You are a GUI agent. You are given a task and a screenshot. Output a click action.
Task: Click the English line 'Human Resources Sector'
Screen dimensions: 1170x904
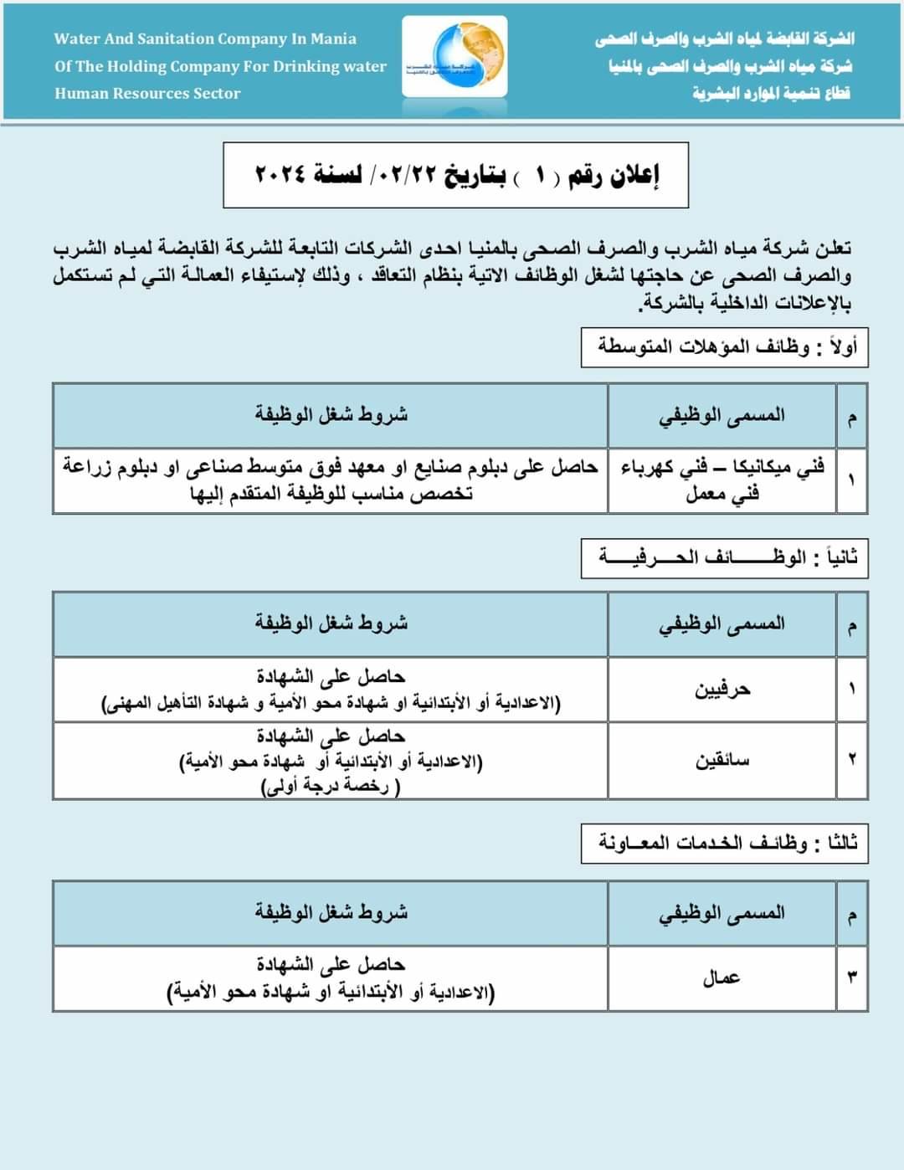(147, 94)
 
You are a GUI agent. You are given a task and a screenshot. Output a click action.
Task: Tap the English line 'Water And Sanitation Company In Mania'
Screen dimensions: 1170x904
(205, 38)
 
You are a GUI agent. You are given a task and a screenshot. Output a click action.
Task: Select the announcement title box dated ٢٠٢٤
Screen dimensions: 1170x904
(455, 175)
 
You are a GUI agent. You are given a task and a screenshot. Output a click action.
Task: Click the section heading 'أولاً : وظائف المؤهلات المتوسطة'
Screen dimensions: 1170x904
(725, 347)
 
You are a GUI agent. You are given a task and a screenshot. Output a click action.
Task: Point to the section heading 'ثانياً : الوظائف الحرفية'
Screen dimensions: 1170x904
(725, 557)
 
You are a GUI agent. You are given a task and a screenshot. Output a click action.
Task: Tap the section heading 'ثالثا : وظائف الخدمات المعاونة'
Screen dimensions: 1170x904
(725, 843)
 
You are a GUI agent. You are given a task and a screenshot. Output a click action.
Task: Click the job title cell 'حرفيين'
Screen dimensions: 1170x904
(722, 690)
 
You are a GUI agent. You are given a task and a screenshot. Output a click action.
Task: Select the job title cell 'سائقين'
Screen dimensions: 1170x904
(722, 760)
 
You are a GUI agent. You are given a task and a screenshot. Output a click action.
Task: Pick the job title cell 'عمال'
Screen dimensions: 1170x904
(722, 978)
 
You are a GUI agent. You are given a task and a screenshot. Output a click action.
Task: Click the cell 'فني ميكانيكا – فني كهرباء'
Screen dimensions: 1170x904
(722, 480)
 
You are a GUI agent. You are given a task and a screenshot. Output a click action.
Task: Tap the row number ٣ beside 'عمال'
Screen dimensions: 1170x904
(851, 978)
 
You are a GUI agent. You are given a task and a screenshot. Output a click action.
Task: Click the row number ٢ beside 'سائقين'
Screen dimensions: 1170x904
(851, 760)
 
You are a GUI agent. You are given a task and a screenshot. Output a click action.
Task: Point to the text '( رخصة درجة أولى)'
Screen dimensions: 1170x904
(331, 787)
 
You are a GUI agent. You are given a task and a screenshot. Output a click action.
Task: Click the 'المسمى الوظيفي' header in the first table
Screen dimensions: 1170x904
(722, 415)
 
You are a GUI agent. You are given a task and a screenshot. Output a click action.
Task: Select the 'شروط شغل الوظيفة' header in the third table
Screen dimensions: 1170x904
(331, 912)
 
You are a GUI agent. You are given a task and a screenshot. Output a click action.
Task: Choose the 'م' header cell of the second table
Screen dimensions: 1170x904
(851, 625)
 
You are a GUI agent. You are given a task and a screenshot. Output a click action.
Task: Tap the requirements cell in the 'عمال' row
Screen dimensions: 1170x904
(331, 978)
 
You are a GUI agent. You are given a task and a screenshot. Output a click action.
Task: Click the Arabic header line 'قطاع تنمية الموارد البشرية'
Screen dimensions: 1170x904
(771, 93)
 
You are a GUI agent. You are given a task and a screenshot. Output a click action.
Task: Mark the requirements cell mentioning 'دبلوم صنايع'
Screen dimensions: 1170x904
(331, 480)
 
